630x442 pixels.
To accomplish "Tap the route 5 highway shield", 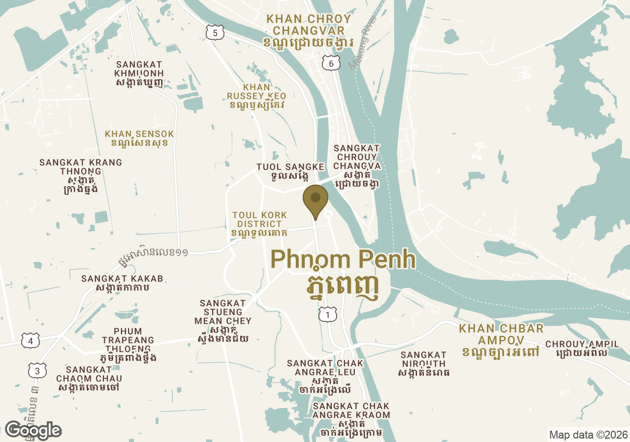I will pos(215,33).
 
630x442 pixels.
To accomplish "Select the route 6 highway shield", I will pos(331,63).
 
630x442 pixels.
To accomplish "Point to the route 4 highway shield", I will pos(31,340).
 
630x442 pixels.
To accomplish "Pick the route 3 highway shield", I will pos(37,371).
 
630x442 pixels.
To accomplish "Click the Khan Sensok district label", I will pos(140,138).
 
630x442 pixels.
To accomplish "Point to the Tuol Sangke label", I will pos(290,172).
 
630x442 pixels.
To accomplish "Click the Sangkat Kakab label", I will pos(122,283).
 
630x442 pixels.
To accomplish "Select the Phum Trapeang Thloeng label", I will pos(128,345).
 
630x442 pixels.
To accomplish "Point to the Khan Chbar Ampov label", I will pos(501,340).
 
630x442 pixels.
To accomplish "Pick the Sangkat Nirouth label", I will pos(423,364).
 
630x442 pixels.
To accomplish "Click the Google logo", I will pos(33,430).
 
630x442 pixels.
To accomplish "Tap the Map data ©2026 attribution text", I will pos(588,435).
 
